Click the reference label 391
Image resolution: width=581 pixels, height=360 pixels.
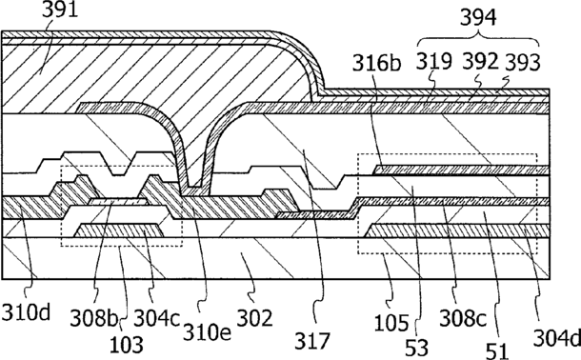(60, 10)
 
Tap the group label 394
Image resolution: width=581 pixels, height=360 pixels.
(478, 17)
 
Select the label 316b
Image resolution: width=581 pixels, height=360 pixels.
(376, 63)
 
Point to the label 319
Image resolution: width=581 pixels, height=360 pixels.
(434, 62)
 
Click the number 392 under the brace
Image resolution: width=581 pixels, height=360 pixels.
(481, 62)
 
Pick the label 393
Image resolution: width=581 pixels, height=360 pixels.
(523, 62)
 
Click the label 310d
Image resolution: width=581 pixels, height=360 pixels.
(26, 312)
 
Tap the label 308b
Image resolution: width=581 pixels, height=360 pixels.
(94, 318)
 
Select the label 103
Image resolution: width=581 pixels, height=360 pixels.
(127, 344)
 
